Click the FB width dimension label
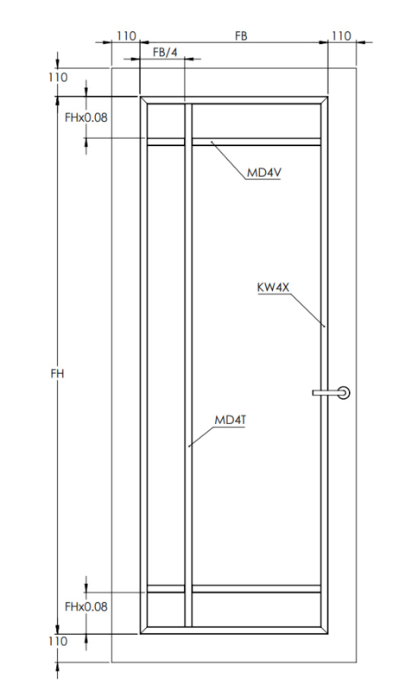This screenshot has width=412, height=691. coord(241,35)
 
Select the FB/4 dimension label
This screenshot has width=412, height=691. coord(165,53)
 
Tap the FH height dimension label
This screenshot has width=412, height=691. coord(57,374)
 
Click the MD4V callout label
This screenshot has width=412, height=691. coord(263,172)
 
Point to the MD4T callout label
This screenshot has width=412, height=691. coord(230,420)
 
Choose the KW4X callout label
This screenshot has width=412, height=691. coord(273,288)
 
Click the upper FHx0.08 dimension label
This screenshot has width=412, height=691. coord(86,117)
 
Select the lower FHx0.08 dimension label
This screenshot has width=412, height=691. coord(86,606)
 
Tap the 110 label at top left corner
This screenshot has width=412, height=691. coord(58,78)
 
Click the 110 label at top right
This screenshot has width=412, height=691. coord(341,35)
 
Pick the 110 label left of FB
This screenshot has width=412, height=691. coord(126,35)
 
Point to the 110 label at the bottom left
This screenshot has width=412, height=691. coord(58,641)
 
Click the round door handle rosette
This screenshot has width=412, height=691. coord(344,392)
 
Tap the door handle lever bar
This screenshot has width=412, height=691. coord(326,392)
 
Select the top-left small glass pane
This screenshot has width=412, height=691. coord(166,121)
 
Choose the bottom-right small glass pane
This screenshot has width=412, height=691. coord(257,609)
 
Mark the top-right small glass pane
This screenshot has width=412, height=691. coord(257,121)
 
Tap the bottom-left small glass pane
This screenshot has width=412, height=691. coord(166,609)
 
